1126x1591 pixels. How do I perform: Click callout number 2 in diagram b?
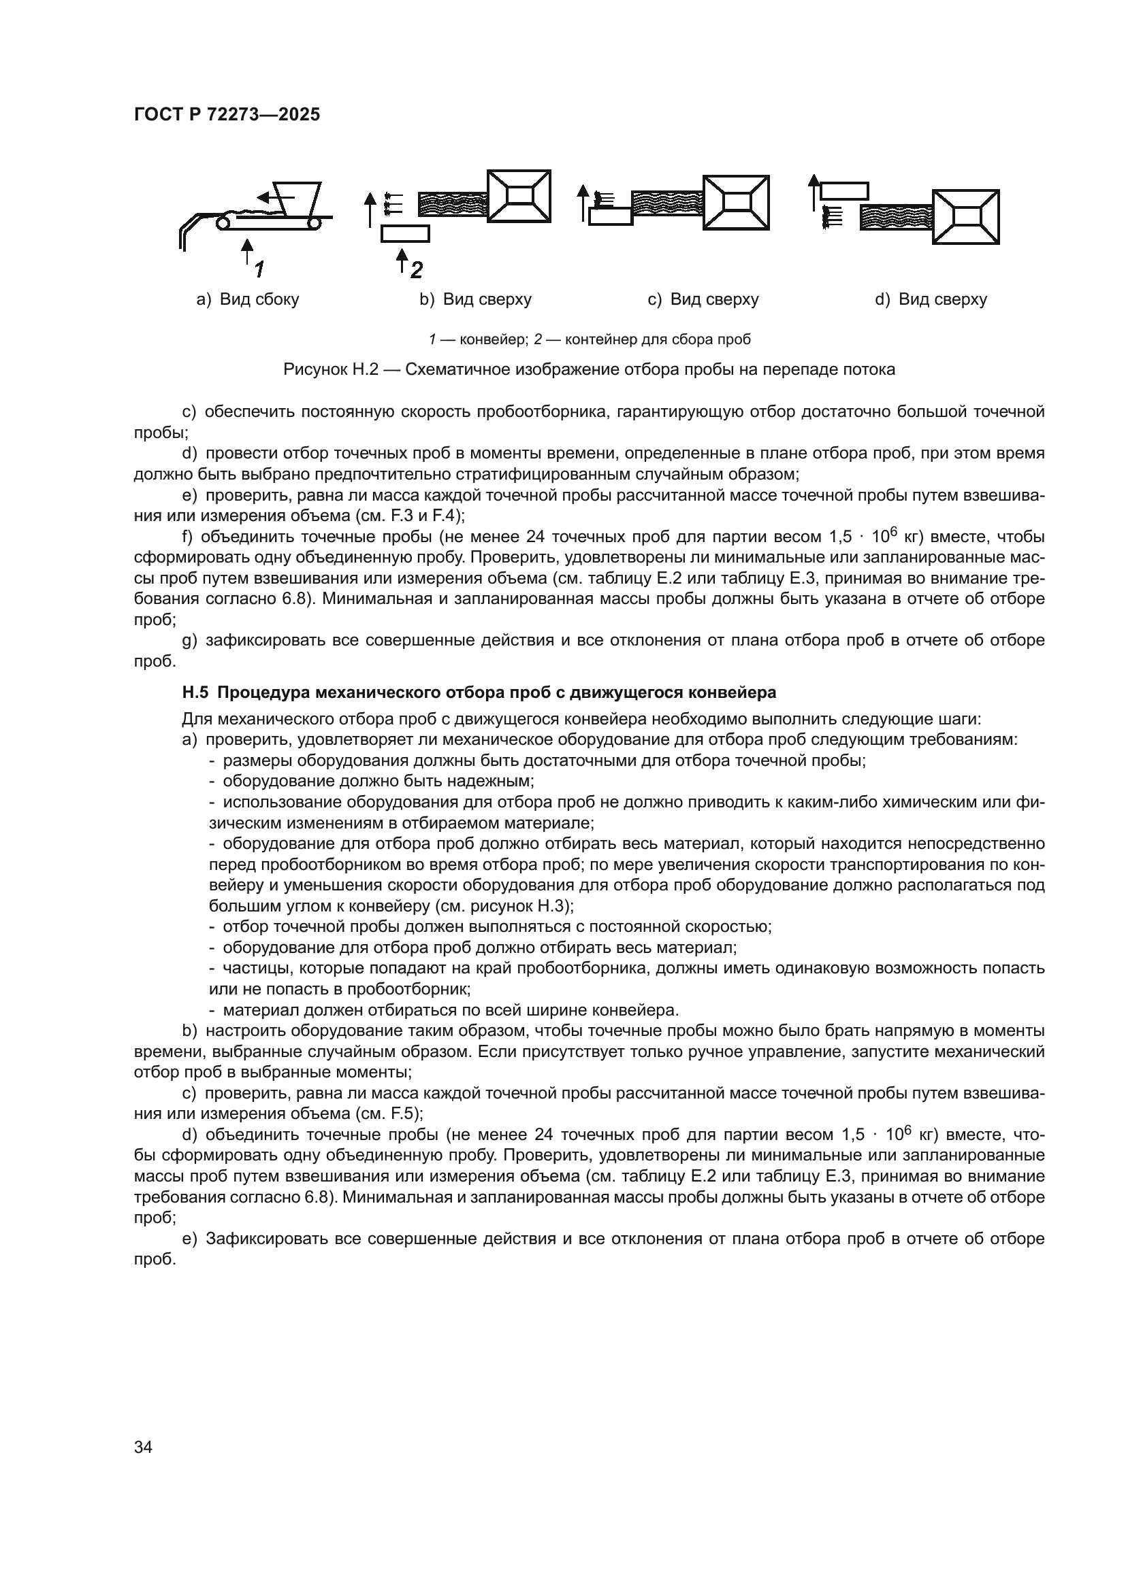tap(416, 269)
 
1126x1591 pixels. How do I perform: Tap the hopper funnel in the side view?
tap(297, 197)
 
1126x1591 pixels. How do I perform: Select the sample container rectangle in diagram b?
tap(405, 233)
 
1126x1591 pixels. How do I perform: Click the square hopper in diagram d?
tap(966, 216)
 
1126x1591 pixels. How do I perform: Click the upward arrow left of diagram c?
tap(583, 201)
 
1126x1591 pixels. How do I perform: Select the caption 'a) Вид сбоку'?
tap(248, 299)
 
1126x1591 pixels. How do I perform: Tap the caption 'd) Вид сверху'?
tap(931, 299)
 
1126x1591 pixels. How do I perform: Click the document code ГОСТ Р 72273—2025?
tap(227, 114)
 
